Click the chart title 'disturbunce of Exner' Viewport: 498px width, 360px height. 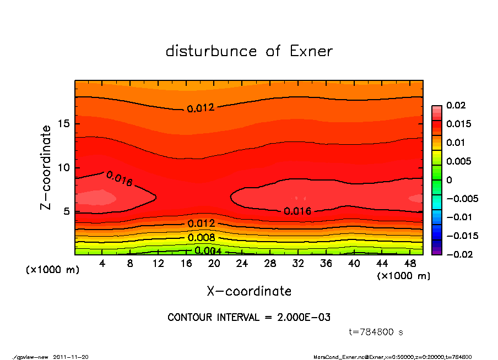(x=249, y=51)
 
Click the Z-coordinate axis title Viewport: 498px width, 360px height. (x=46, y=167)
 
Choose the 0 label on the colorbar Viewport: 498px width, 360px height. (x=450, y=180)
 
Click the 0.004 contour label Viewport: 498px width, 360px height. (x=208, y=252)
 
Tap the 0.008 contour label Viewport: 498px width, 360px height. (x=201, y=238)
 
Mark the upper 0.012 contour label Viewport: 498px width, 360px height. (x=200, y=108)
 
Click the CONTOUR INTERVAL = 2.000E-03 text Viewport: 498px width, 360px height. (x=249, y=318)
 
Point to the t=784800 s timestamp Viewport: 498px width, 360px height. (x=376, y=332)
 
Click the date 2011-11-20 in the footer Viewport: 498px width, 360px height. (x=71, y=357)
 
